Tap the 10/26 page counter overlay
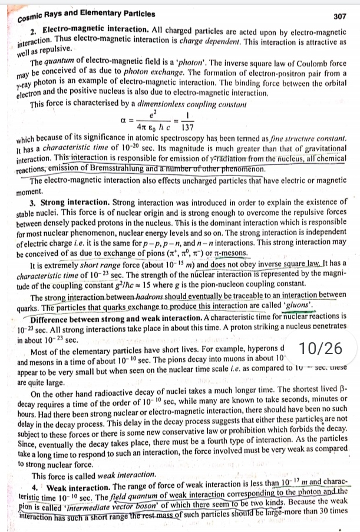click(x=321, y=348)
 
